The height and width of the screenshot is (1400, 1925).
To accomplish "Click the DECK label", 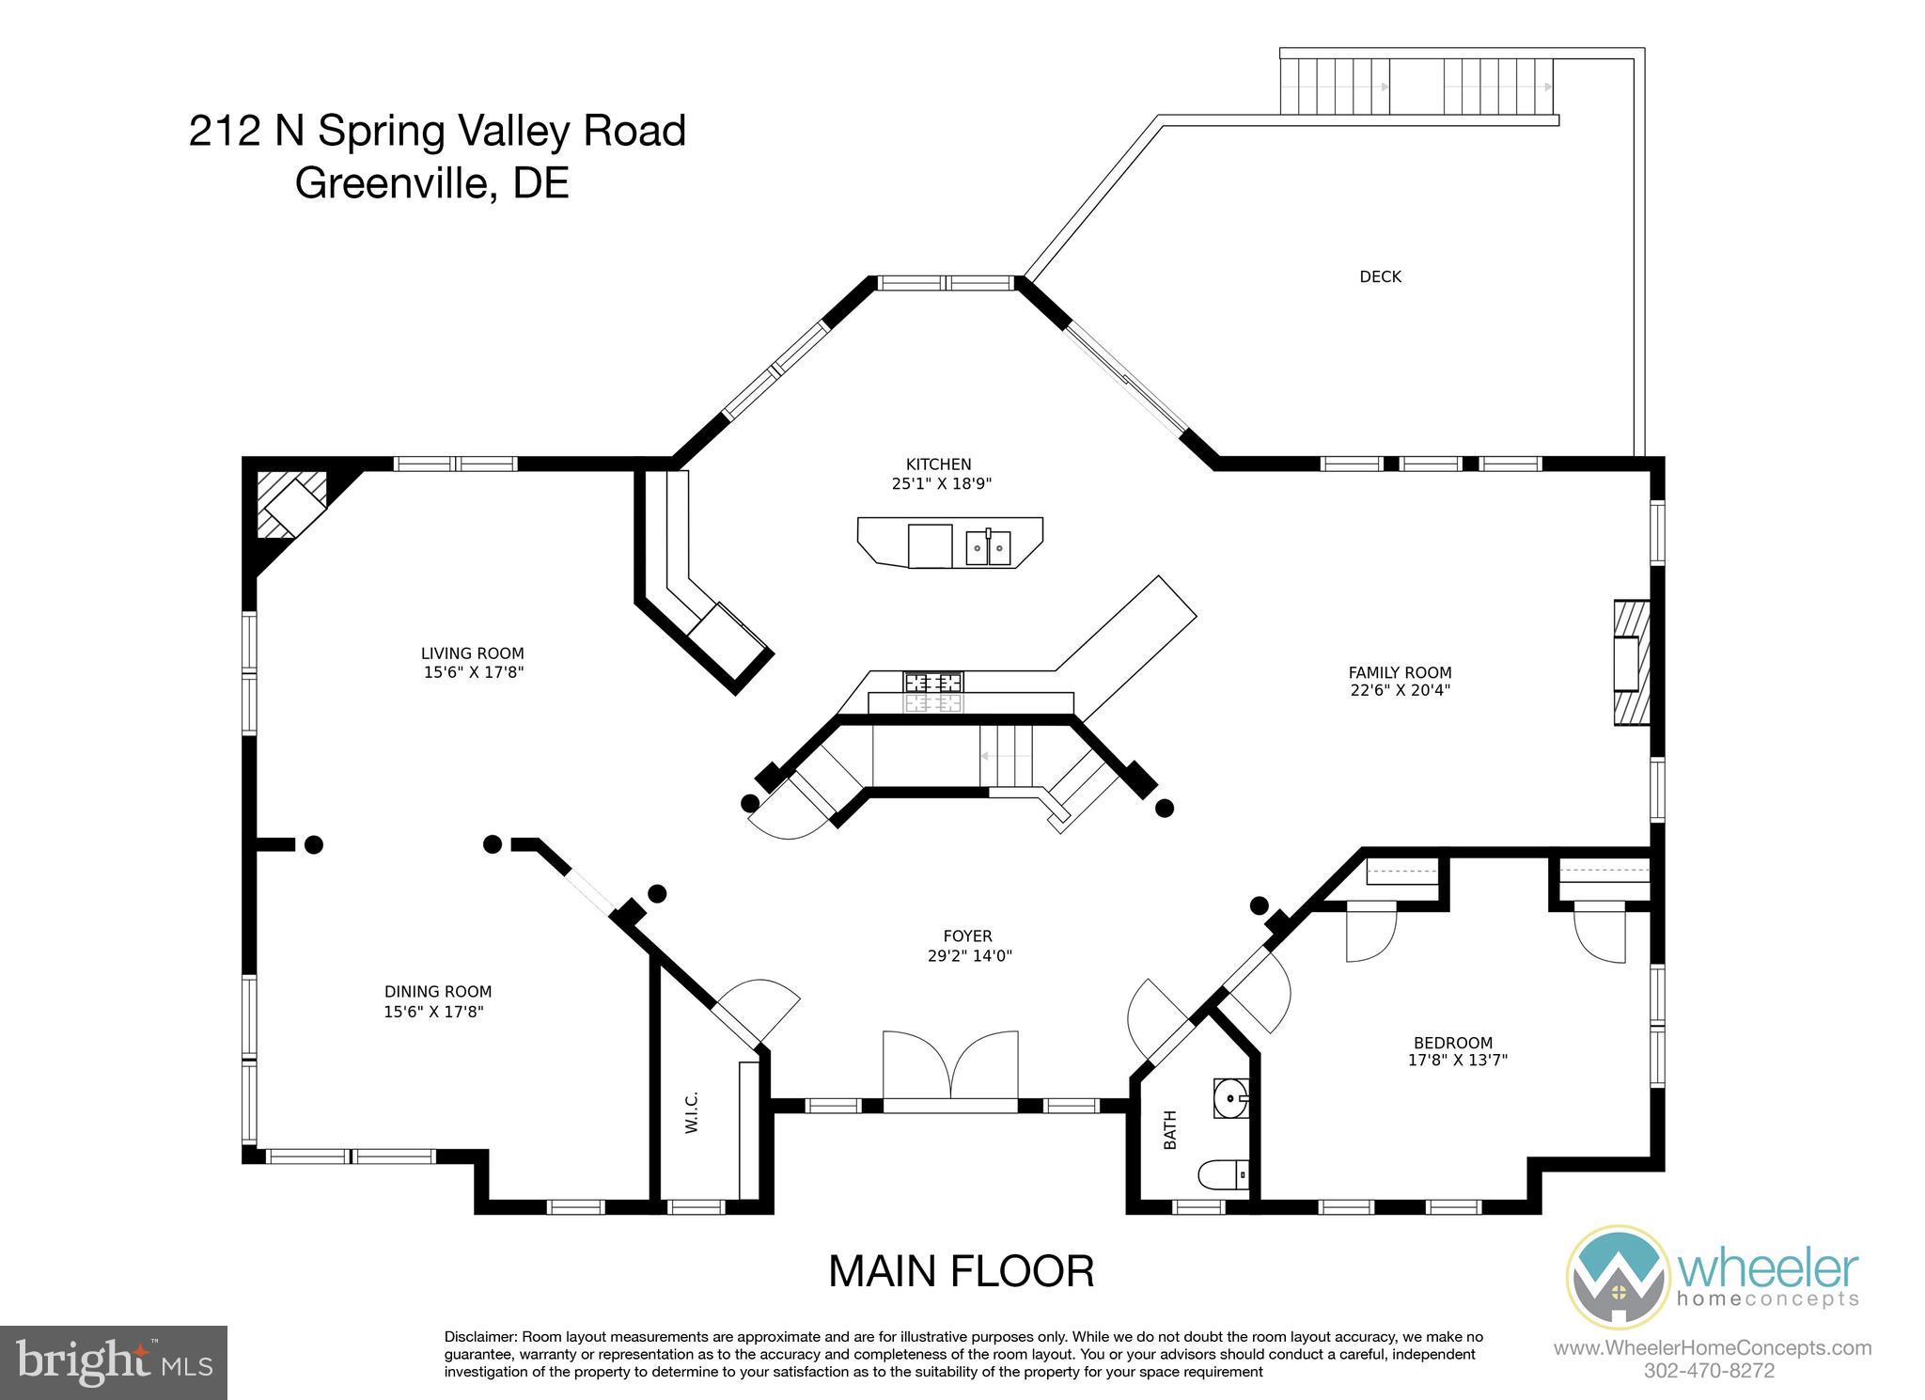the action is tap(1380, 276).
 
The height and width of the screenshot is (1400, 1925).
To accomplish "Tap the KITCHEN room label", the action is tap(938, 464).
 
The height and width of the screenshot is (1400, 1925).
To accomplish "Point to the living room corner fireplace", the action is tap(292, 505).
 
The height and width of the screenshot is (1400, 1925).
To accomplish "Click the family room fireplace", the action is tap(1632, 661).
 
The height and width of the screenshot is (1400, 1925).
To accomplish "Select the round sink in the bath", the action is tap(1230, 1095).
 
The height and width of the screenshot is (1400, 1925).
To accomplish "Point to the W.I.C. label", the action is tap(692, 1112).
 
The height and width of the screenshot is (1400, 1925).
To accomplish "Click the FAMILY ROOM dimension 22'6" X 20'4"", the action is tap(1400, 689).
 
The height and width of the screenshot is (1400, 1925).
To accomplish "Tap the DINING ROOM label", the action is tap(438, 991).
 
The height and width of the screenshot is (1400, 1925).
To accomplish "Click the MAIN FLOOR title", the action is tap(961, 1271).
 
